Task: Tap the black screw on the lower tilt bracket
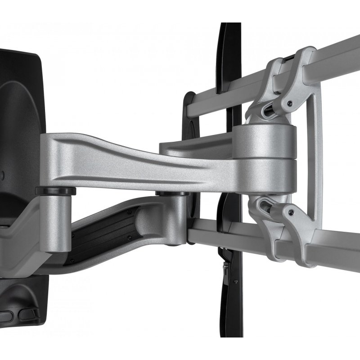[292, 211]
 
